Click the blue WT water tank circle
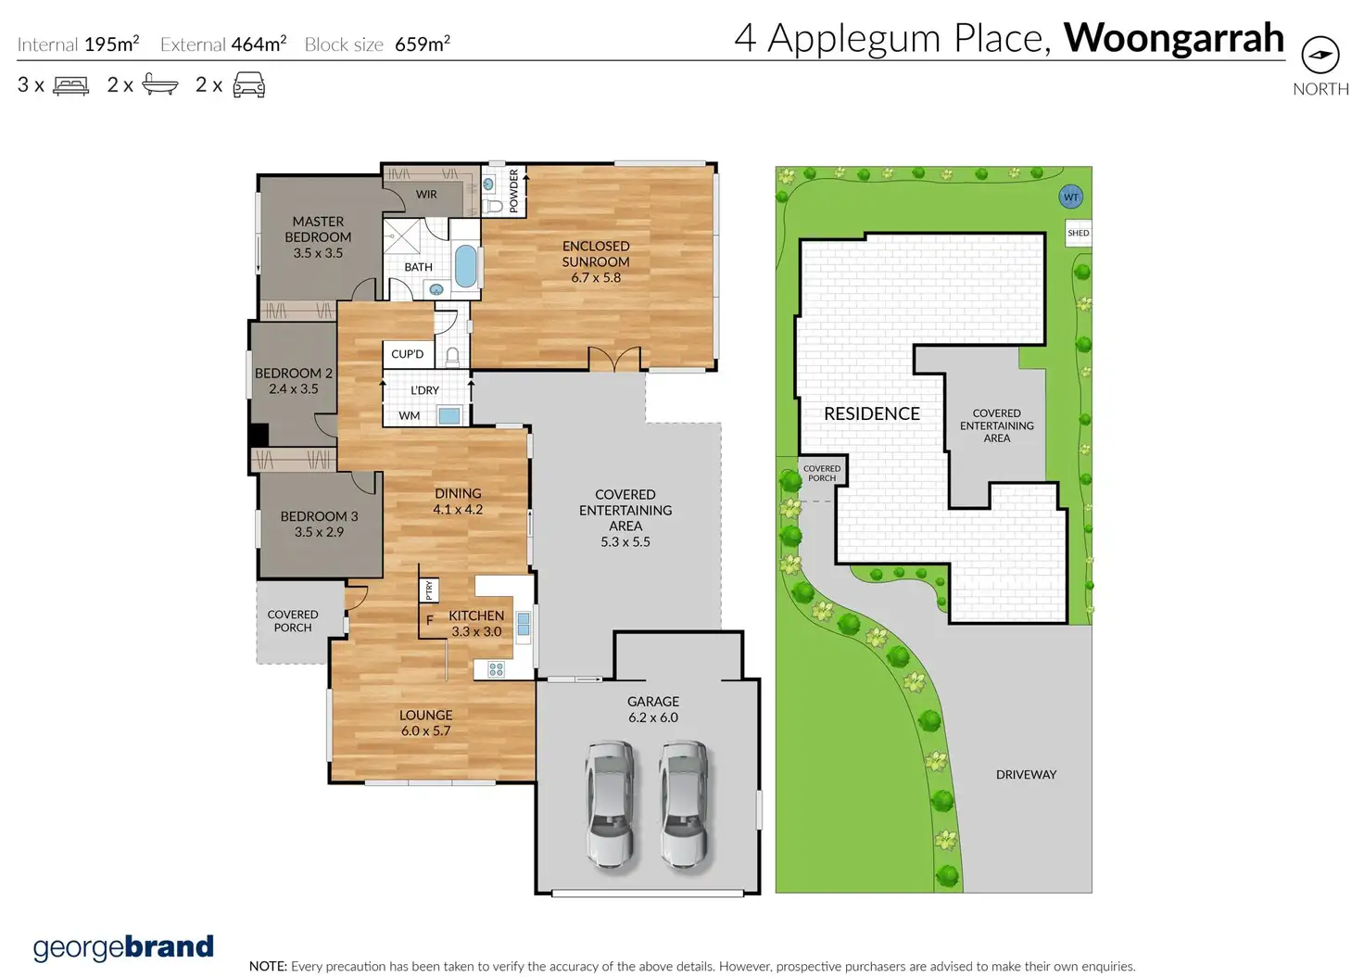click(1070, 197)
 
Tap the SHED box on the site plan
click(1078, 234)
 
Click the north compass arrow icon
click(1320, 55)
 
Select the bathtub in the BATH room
click(466, 267)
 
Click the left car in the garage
click(611, 804)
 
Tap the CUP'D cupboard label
click(408, 354)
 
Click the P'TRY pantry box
click(429, 590)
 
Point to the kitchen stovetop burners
click(496, 670)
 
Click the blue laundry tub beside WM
click(449, 416)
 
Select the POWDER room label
click(513, 191)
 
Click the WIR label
click(426, 195)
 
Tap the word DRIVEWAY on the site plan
click(1026, 775)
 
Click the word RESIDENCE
click(872, 414)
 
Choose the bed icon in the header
click(70, 85)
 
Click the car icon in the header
click(249, 85)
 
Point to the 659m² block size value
click(423, 44)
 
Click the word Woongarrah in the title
click(1174, 38)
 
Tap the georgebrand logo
click(123, 947)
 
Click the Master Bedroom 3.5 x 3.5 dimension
click(318, 253)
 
